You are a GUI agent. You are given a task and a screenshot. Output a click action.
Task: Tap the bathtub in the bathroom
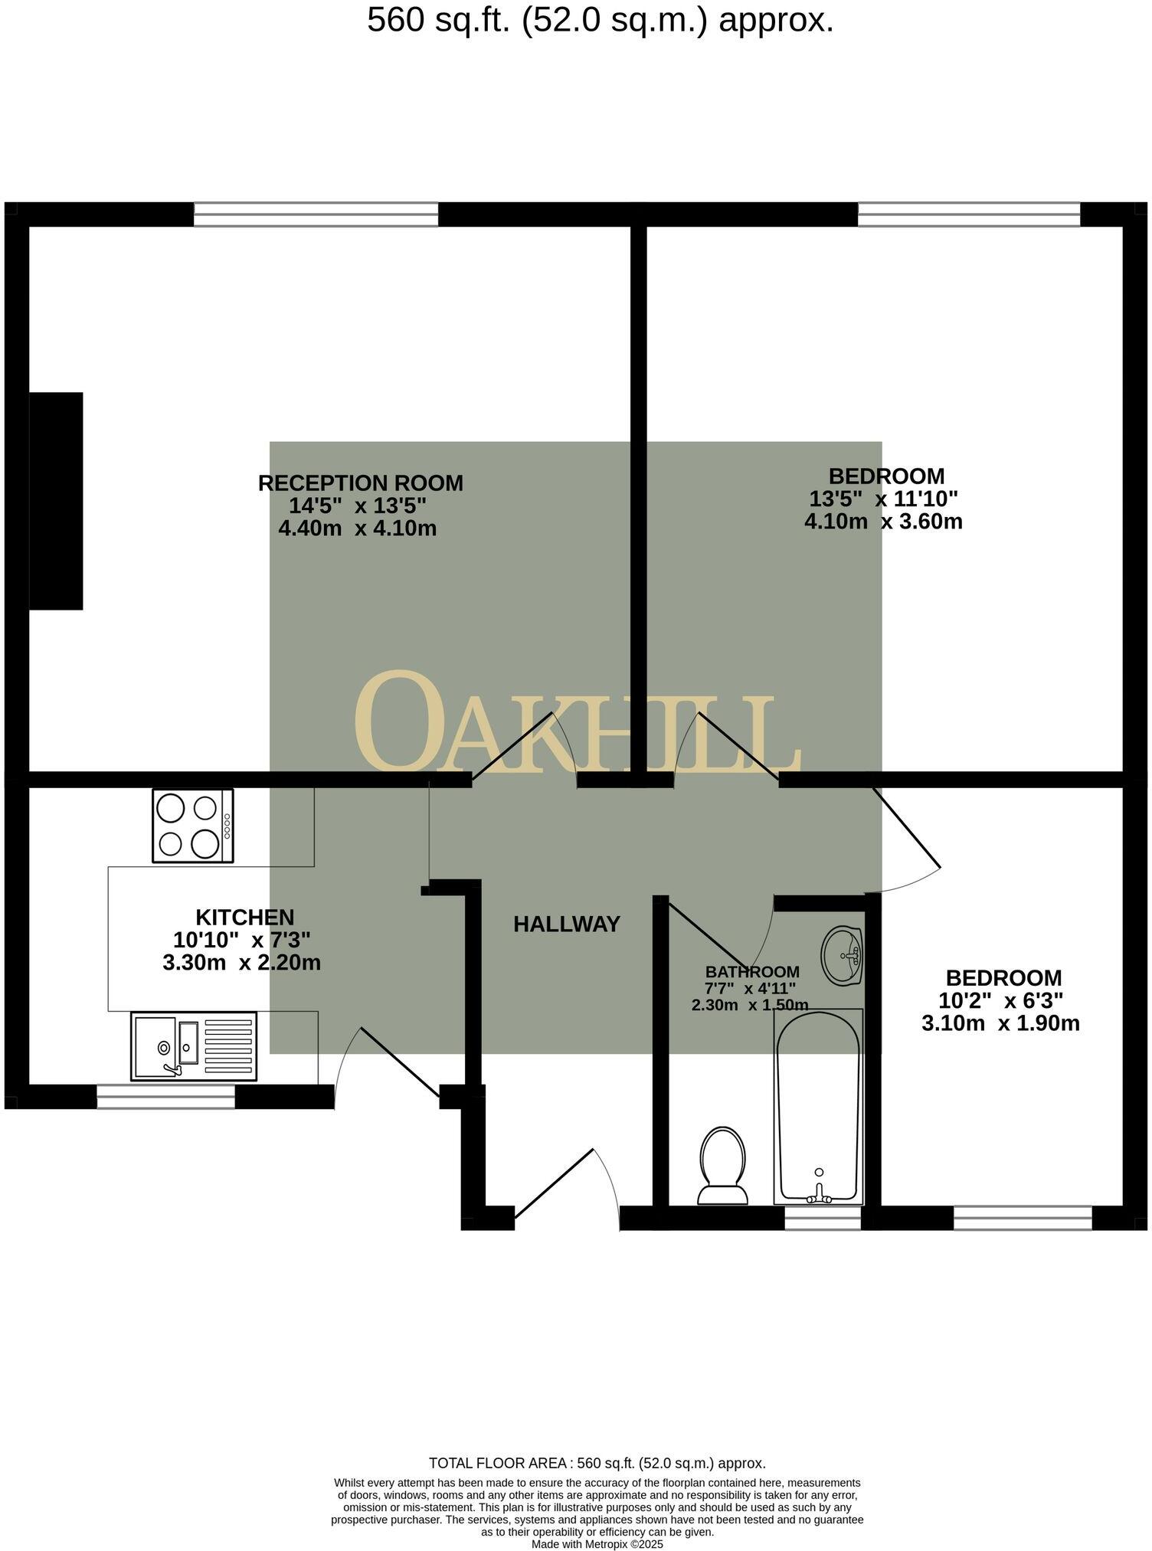pos(818,1107)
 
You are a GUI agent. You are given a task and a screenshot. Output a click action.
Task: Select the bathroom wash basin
pos(842,955)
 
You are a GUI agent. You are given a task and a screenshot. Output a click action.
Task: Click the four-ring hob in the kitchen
pos(193,826)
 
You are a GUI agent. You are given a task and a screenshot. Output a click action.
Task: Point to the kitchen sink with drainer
pos(193,1046)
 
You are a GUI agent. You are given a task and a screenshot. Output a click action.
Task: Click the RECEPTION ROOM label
pos(360,483)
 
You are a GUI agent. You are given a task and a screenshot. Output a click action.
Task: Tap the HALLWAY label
pos(566,924)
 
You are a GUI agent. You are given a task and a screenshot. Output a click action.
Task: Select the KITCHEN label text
pos(244,917)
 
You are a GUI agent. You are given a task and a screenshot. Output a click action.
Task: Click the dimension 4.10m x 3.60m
pos(882,522)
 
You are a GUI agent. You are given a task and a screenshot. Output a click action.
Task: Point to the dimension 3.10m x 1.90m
pos(1000,1023)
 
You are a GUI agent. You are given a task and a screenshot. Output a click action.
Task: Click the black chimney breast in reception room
pos(56,501)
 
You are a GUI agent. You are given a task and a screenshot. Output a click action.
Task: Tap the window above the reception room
pos(316,214)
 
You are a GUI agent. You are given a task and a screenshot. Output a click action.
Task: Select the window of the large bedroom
pos(968,214)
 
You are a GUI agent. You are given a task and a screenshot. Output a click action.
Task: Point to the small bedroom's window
pos(1022,1218)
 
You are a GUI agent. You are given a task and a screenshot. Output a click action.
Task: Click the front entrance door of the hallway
pos(555,1183)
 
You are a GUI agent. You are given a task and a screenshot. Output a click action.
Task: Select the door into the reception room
pos(512,748)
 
